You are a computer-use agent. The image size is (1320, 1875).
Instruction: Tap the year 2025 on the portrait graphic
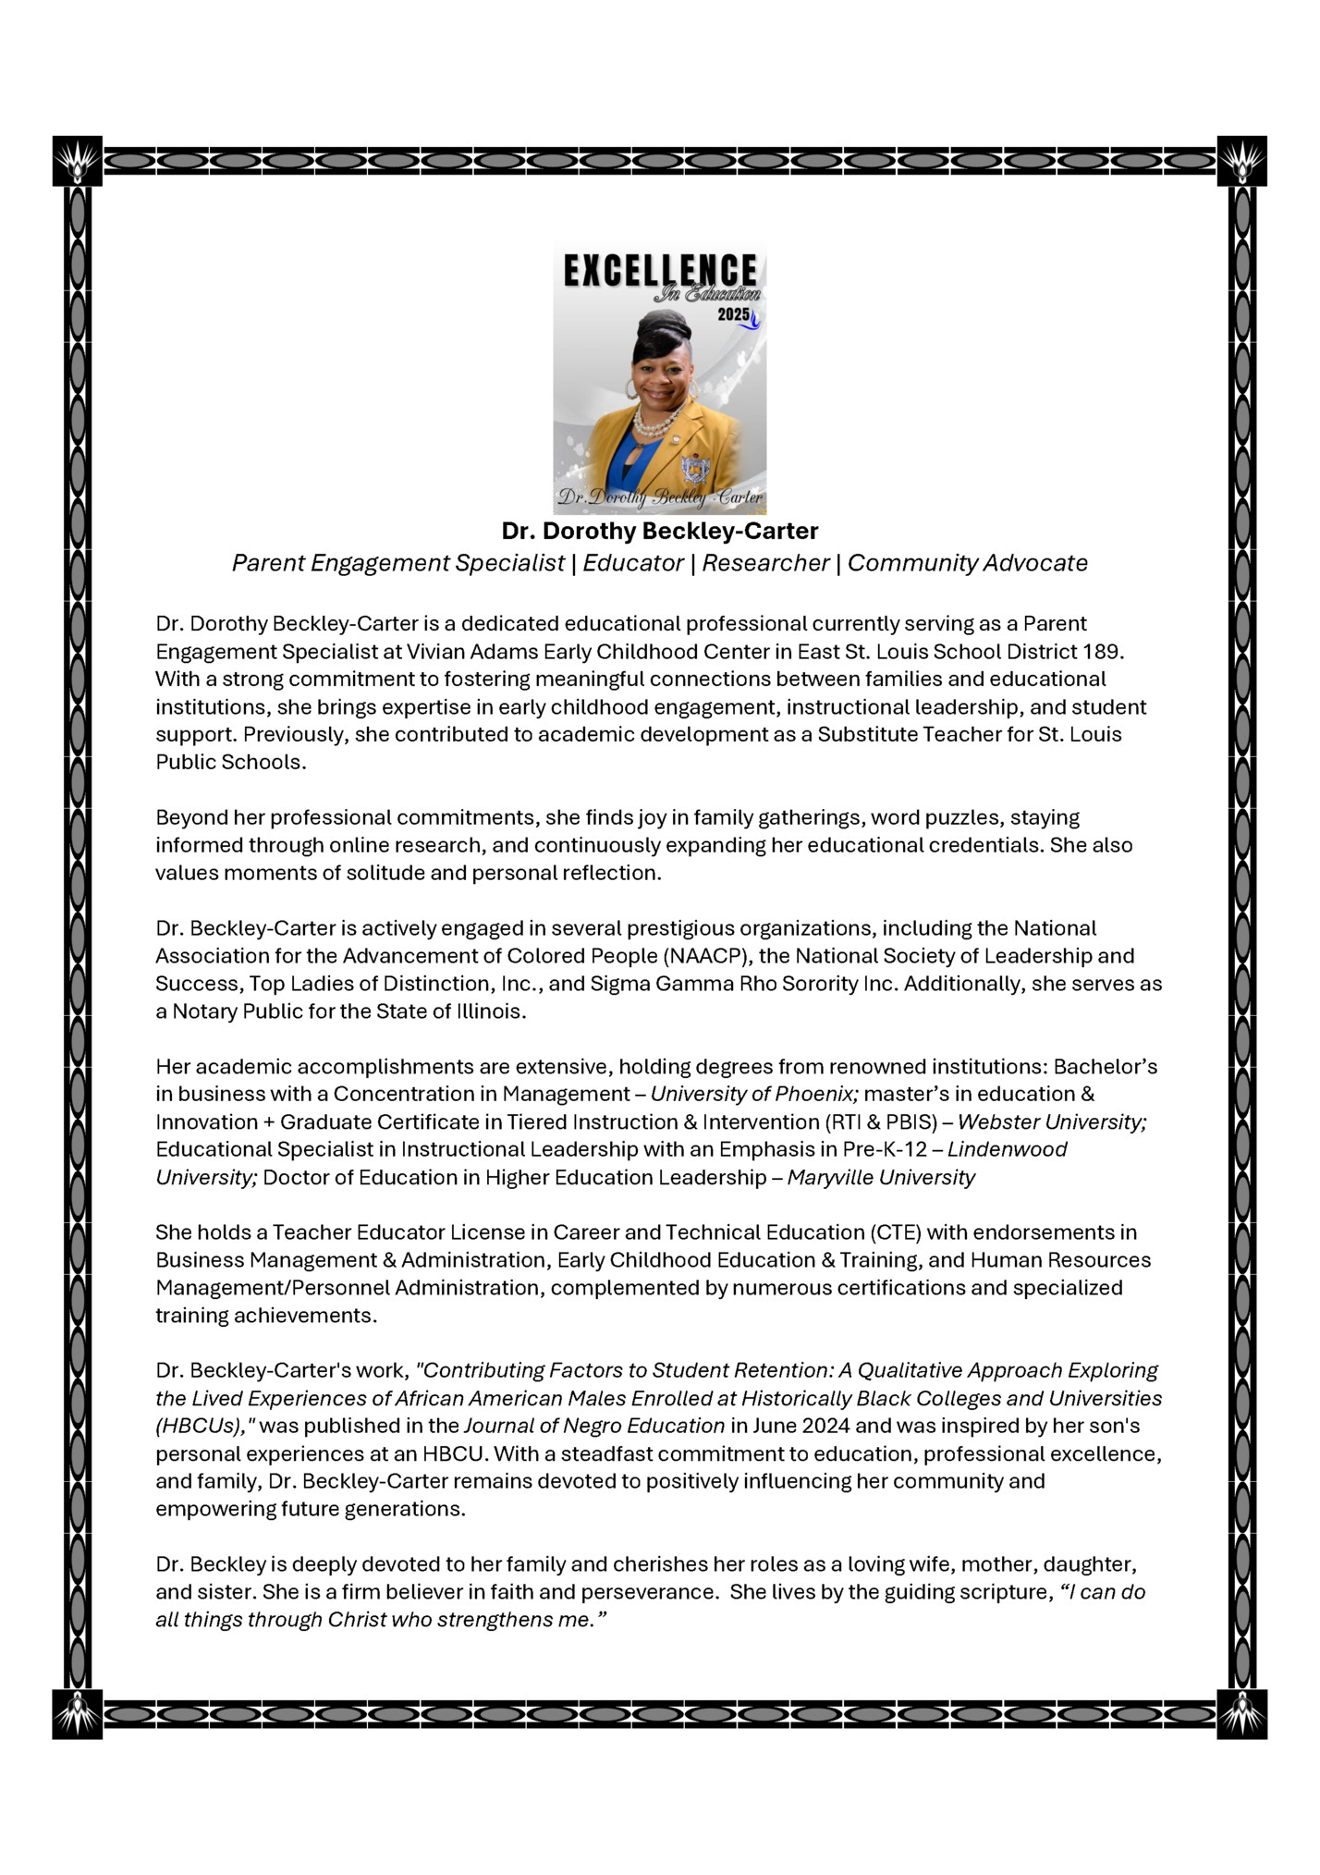point(733,314)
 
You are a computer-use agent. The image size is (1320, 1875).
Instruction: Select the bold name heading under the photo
point(659,531)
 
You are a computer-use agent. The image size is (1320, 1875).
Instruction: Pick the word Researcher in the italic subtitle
point(765,563)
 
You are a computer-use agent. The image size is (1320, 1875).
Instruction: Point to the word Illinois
point(490,1011)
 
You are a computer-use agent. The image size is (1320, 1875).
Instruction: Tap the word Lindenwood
point(1008,1149)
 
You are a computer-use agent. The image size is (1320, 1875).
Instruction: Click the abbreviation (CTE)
point(894,1232)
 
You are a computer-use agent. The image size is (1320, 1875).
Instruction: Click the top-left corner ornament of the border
point(78,161)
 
